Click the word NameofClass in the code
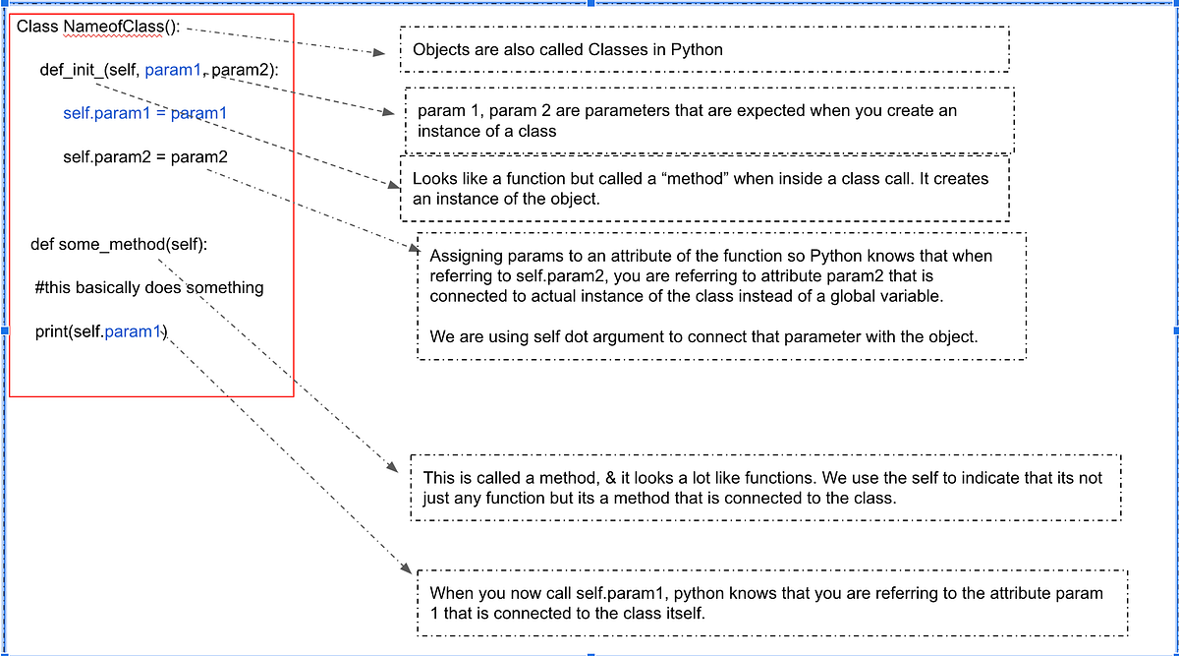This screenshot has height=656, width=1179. pos(113,27)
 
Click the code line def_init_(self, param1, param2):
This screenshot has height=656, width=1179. pos(159,70)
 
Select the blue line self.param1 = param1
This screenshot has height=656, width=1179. pos(145,113)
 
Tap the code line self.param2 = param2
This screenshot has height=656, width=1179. pos(145,157)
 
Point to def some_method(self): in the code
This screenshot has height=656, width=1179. pos(119,244)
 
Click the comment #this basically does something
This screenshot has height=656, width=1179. pos(149,288)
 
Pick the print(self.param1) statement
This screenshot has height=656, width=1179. pos(101,331)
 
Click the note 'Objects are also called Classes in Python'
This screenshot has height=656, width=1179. pos(568,49)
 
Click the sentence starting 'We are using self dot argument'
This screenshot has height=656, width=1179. pos(703,336)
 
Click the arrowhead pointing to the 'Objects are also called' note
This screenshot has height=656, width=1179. pos(379,52)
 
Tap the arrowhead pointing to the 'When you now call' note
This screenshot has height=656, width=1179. pos(407,568)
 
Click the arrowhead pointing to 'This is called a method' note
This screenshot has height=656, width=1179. pos(393,466)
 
